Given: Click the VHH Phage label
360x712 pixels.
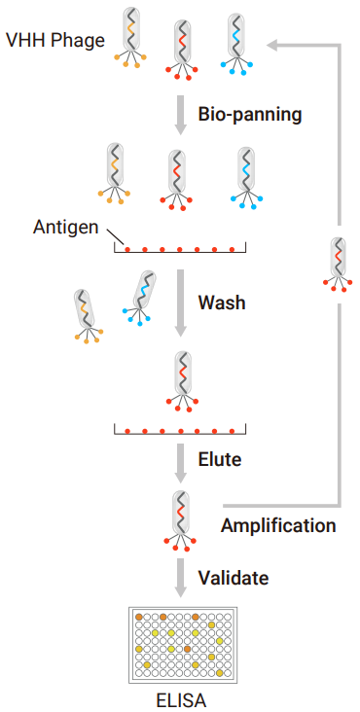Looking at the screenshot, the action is [x=54, y=41].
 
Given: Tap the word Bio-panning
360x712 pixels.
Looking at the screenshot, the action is [x=250, y=116].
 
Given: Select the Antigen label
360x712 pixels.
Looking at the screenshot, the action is [x=65, y=227].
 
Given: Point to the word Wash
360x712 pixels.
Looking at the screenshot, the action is [x=222, y=303].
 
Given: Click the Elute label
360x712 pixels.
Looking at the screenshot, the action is [x=219, y=459].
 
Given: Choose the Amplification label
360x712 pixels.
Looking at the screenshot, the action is [x=278, y=525].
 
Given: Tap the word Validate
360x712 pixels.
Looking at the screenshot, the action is [x=233, y=578].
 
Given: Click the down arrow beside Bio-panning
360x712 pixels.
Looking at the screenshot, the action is [x=181, y=115].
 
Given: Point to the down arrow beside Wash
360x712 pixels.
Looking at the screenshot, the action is [x=181, y=303].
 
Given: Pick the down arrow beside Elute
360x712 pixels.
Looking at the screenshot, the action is [x=181, y=463].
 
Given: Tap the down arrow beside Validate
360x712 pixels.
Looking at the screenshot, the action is [x=181, y=578].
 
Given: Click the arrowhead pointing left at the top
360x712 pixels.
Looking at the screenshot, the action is [x=273, y=45].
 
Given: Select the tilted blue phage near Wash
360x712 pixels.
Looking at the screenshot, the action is [x=140, y=298].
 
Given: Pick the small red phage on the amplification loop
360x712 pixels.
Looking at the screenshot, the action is [x=338, y=265].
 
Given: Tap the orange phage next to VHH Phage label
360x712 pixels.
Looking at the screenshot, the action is [x=130, y=37].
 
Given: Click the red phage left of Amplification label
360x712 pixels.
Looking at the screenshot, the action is [x=181, y=520].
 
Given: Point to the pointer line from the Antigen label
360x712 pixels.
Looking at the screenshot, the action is [x=115, y=236].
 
